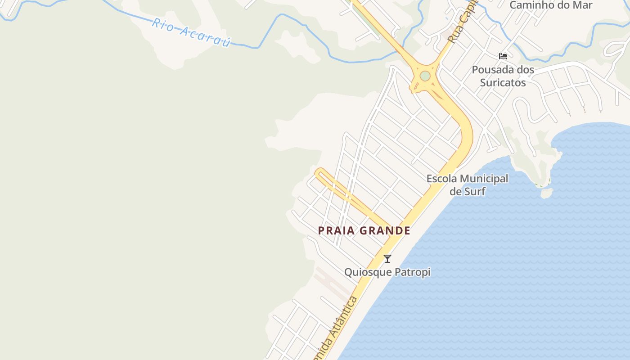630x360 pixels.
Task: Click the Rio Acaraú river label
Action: point(191,32)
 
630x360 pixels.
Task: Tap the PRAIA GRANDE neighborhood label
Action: point(364,231)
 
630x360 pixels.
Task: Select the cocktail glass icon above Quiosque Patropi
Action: point(387,259)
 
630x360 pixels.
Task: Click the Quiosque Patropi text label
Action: point(387,272)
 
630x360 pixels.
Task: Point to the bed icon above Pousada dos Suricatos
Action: point(503,56)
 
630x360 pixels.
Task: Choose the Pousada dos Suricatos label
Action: point(503,76)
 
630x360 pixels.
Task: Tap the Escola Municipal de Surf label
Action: point(468,185)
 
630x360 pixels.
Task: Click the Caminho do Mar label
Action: point(551,5)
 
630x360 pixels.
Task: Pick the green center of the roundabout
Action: point(425,76)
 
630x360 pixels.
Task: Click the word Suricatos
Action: point(503,83)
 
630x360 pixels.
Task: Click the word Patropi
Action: point(413,272)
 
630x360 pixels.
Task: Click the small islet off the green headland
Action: point(546,193)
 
